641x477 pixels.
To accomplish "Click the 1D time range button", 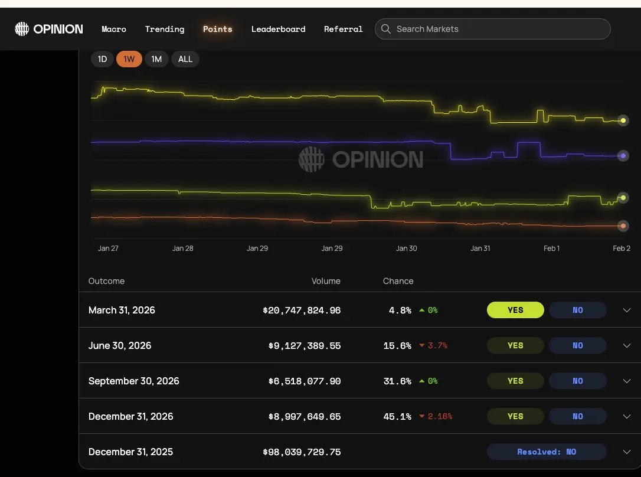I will [102, 59].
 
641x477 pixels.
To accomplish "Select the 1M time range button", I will [156, 59].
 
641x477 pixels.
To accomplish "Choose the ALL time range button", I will [185, 59].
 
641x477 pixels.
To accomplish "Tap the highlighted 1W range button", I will [129, 59].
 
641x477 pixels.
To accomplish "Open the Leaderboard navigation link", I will [278, 29].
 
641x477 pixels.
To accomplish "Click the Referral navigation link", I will [343, 29].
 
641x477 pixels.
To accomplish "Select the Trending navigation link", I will [165, 29].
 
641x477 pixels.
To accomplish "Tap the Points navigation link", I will [217, 29].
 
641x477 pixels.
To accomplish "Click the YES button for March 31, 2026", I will [515, 310].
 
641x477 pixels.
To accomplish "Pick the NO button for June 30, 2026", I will [577, 345].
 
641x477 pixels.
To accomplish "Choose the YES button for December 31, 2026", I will [515, 416].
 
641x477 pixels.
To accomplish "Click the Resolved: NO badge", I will [547, 452].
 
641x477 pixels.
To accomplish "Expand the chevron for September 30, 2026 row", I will [627, 381].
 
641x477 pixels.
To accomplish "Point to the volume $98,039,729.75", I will [302, 452].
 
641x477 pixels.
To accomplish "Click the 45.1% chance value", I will [397, 416].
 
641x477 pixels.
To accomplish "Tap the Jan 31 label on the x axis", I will [480, 249].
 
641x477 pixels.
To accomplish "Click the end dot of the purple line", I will [623, 156].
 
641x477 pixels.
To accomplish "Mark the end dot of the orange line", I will [623, 226].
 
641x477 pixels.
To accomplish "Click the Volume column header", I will [326, 281].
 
